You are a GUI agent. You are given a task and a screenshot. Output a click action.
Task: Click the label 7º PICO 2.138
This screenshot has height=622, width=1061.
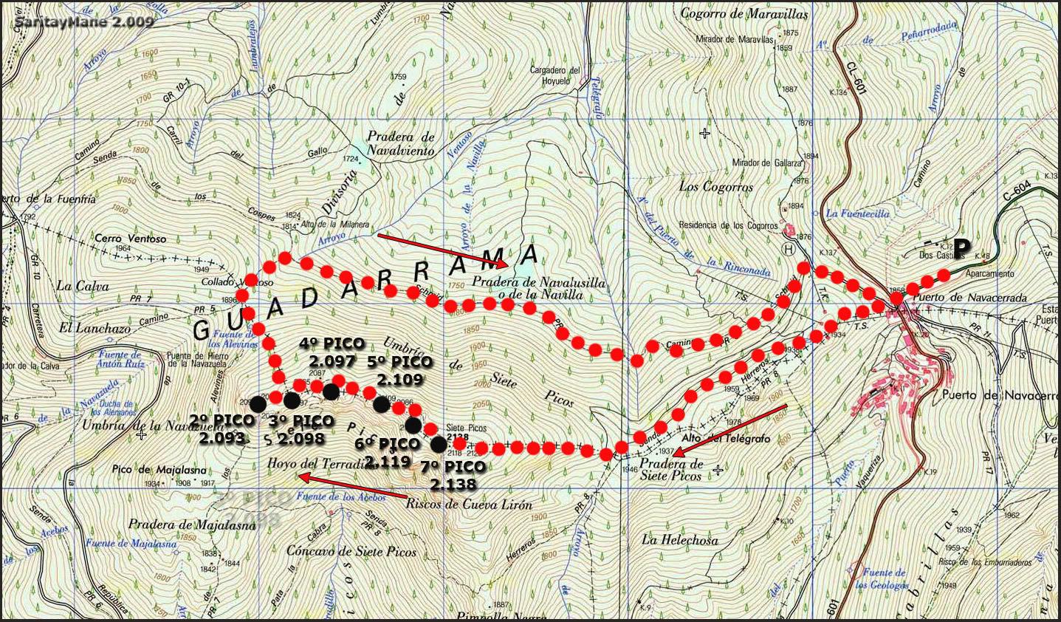pos(453,476)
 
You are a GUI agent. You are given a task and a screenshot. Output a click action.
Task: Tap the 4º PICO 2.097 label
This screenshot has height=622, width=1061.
pos(332,352)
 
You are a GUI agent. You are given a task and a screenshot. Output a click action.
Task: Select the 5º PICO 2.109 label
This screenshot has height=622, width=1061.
pos(399,371)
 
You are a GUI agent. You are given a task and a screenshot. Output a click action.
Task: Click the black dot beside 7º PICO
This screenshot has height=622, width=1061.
pos(439,445)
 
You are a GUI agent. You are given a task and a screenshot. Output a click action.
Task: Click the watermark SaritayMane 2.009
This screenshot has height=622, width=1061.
pos(84,21)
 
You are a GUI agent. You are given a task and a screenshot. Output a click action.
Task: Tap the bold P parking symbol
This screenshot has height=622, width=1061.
pos(962,247)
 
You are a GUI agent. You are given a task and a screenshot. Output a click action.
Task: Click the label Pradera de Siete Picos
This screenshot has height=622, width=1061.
pos(672,470)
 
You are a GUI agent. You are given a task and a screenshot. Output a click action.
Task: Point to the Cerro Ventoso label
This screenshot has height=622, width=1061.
pos(131,239)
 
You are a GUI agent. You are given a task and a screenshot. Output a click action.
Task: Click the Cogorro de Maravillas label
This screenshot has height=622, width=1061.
pos(744,13)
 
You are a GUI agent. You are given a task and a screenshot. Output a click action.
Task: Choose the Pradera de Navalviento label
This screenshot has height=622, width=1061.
pos(401,143)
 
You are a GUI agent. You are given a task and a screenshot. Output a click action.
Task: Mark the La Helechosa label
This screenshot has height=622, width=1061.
pos(679,540)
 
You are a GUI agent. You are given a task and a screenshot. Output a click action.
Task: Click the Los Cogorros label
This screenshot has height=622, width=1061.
pos(716,187)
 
